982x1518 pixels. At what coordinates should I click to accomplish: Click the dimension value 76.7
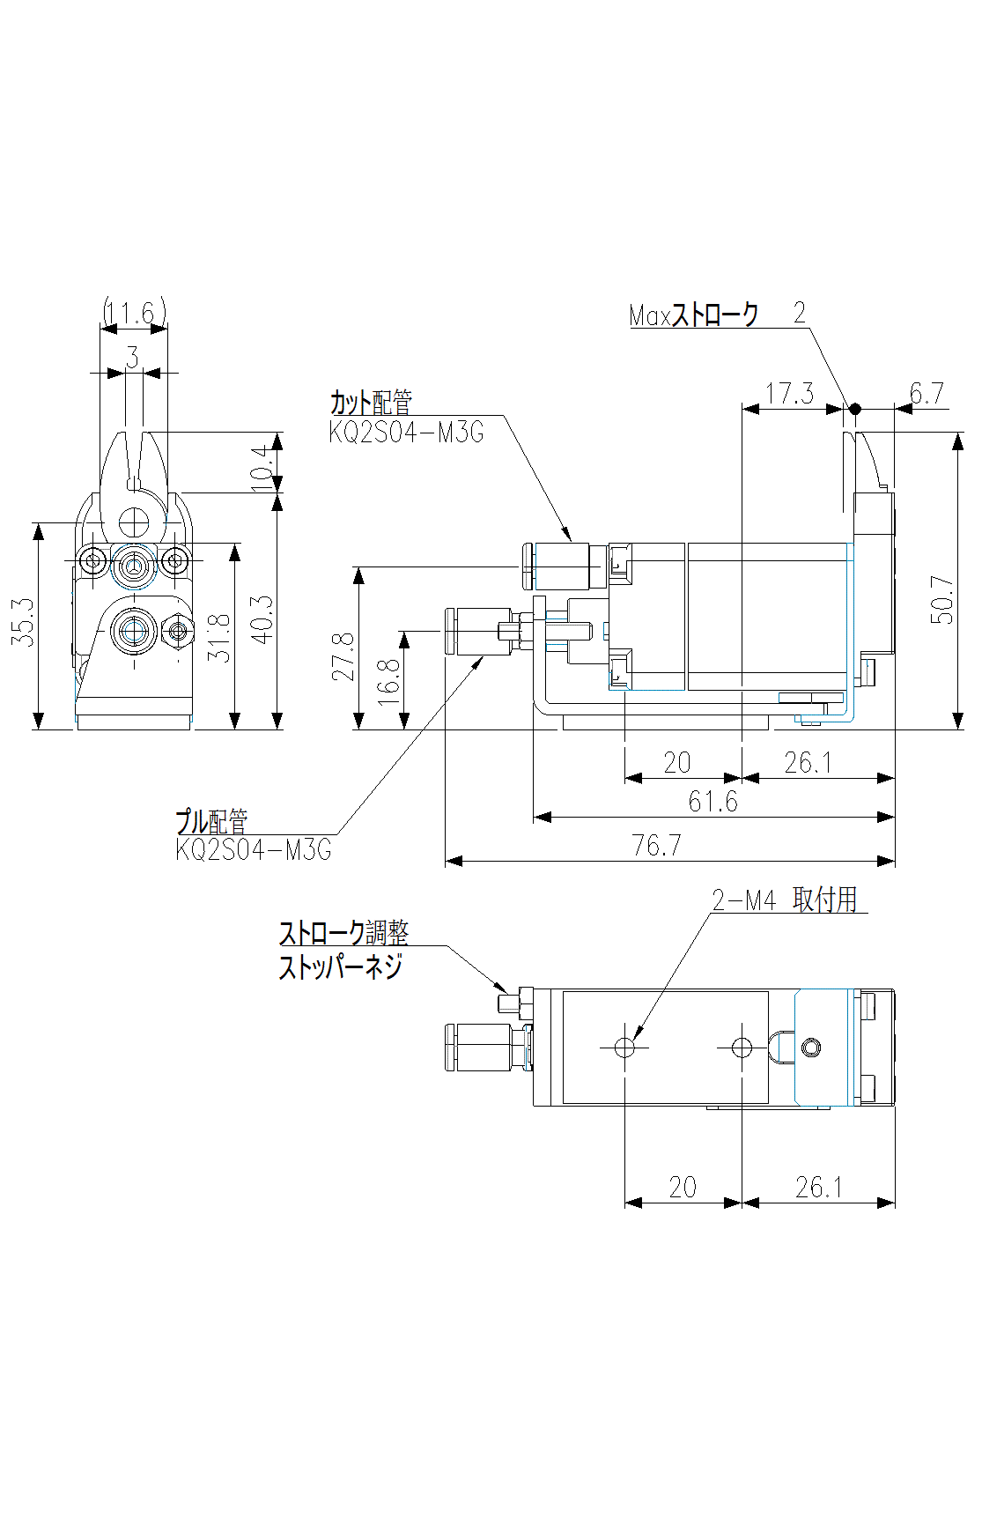[656, 846]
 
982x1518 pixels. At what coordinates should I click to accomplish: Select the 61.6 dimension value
[713, 802]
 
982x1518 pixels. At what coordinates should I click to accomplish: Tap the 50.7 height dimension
[942, 600]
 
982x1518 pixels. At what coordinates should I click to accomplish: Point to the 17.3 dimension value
[789, 393]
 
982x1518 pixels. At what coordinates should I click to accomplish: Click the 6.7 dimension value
[927, 393]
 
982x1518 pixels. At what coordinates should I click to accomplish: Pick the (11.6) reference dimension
[134, 312]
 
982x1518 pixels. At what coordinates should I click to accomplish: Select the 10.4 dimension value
[262, 467]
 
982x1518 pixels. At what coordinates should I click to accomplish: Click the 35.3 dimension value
[24, 621]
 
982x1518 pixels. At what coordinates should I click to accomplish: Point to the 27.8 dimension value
[343, 656]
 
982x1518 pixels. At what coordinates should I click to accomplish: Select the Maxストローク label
[693, 315]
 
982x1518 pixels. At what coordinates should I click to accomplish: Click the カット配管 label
[371, 403]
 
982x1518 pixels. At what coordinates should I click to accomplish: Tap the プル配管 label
[211, 821]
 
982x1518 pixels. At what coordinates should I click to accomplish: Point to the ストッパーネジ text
[340, 966]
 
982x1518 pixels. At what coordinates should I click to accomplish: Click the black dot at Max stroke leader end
[853, 409]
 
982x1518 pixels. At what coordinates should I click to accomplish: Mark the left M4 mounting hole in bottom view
[624, 1048]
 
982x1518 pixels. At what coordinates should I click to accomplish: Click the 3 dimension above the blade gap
[132, 357]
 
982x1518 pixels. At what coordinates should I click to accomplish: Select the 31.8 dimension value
[219, 638]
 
